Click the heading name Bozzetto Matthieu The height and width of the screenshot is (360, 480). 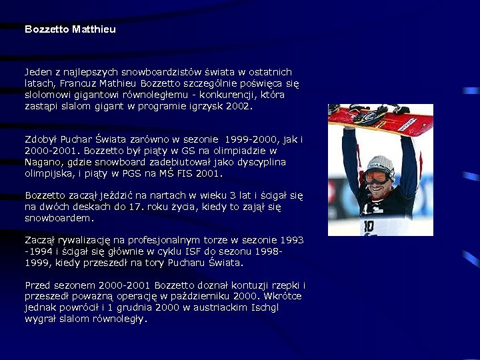pyautogui.click(x=70, y=29)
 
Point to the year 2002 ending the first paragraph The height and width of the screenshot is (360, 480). pyautogui.click(x=239, y=106)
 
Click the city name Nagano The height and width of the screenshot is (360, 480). pyautogui.click(x=42, y=162)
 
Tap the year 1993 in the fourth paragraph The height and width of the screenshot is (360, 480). pyautogui.click(x=291, y=240)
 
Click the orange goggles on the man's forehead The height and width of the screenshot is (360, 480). pyautogui.click(x=378, y=177)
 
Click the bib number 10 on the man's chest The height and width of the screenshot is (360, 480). pyautogui.click(x=369, y=225)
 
